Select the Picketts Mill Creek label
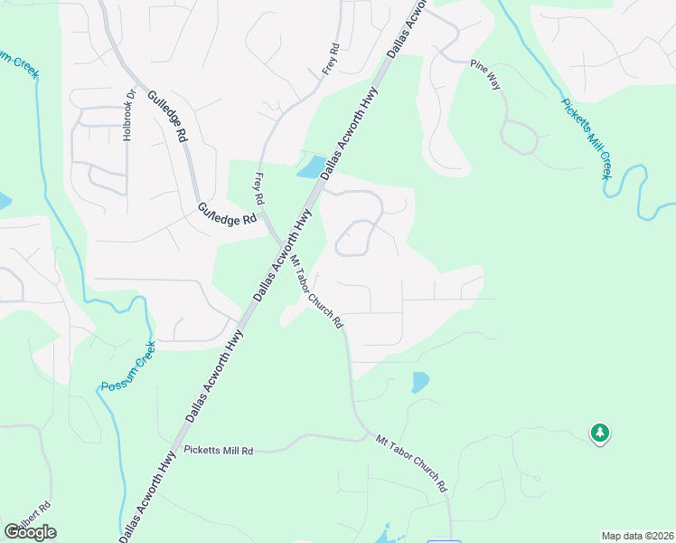click(587, 138)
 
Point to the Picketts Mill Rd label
click(219, 450)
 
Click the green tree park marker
click(598, 434)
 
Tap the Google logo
click(30, 531)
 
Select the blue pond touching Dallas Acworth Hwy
click(309, 167)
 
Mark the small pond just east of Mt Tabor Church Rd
click(419, 382)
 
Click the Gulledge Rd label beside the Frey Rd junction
click(227, 214)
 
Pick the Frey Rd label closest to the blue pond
click(259, 187)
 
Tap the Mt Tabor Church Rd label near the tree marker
click(411, 462)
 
